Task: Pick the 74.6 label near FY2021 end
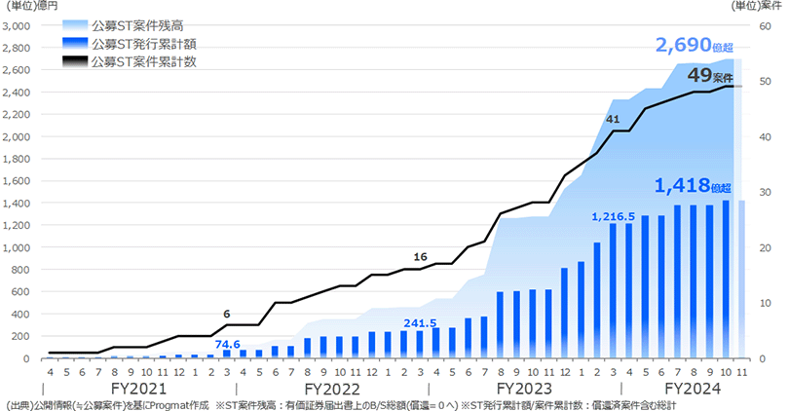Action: point(228,344)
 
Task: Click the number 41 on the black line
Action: point(613,119)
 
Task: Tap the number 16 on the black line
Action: point(420,256)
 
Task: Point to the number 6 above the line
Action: point(227,313)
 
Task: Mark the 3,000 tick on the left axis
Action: point(17,26)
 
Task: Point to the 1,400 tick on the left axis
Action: point(17,204)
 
